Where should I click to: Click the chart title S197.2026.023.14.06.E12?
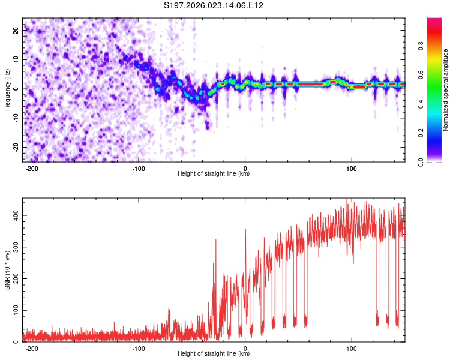[x=214, y=6]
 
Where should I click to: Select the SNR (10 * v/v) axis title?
[x=8, y=270]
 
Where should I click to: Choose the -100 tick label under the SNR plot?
[x=139, y=348]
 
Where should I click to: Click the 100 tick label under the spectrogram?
[x=352, y=168]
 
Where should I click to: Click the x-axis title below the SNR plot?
[x=214, y=354]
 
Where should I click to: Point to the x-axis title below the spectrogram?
[x=214, y=174]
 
